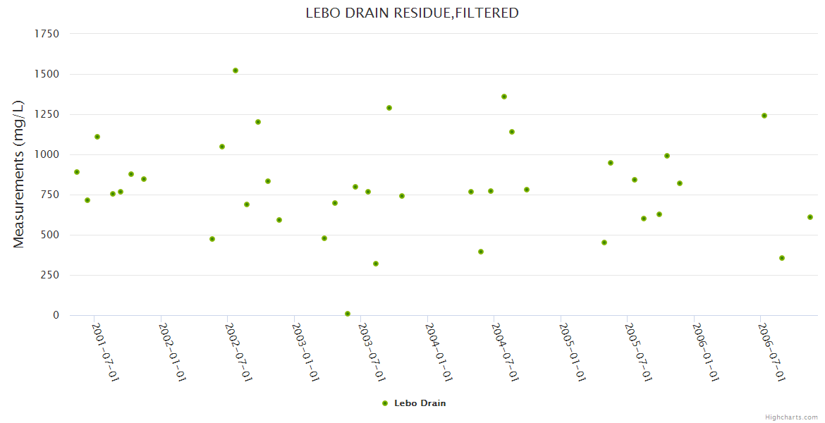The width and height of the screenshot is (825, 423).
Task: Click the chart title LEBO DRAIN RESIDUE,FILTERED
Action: click(x=412, y=13)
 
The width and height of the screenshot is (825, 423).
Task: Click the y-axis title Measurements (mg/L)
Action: click(x=19, y=174)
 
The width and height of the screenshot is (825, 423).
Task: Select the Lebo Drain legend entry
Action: click(x=414, y=403)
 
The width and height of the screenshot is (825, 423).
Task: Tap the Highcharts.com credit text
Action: click(x=791, y=417)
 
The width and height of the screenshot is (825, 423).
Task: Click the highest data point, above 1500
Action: click(x=236, y=70)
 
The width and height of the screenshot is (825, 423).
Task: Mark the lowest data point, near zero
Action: click(x=348, y=314)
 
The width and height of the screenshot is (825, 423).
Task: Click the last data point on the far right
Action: click(x=810, y=217)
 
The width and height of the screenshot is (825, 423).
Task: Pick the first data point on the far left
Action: click(x=77, y=172)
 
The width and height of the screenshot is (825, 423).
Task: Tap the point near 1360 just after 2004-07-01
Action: click(x=504, y=97)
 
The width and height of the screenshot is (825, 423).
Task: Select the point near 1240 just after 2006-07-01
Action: click(x=764, y=116)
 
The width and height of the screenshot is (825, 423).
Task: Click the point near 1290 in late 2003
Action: click(x=389, y=108)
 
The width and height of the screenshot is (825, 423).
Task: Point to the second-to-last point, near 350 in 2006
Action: click(x=782, y=258)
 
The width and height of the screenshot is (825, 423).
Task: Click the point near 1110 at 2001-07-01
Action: click(x=97, y=137)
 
